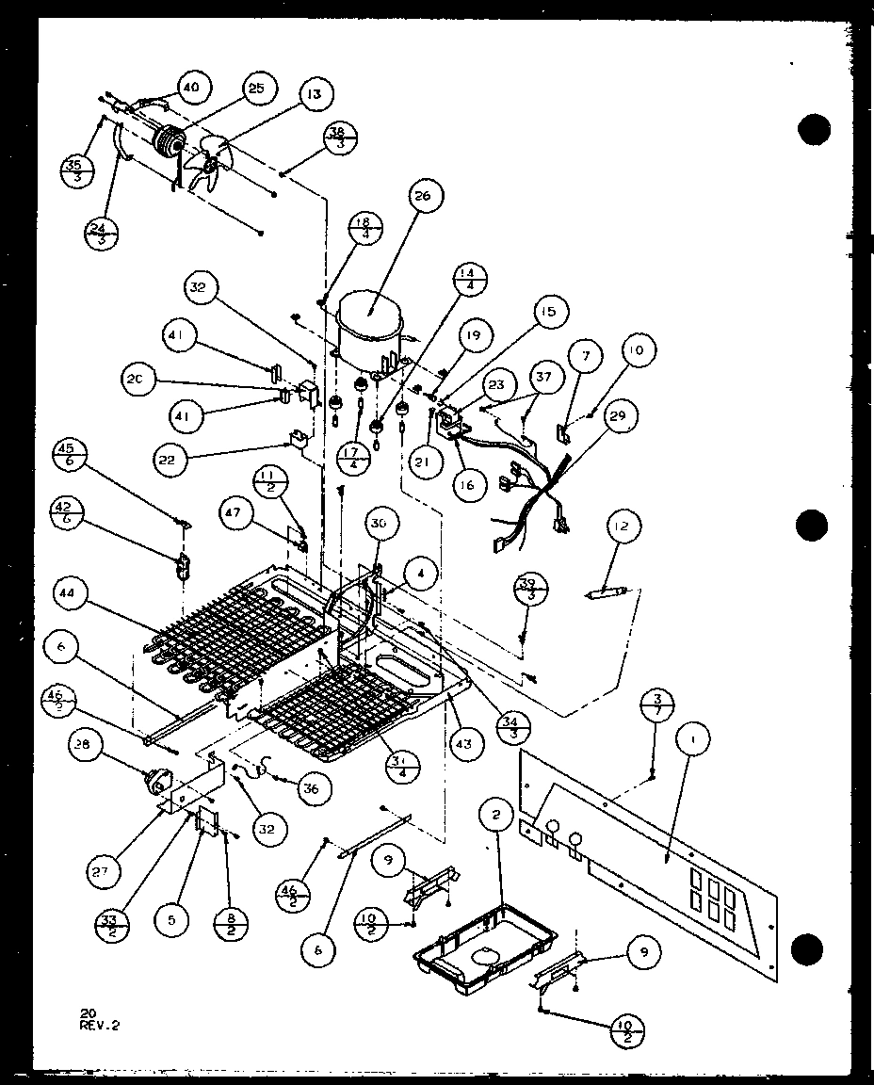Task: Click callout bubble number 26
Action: click(421, 197)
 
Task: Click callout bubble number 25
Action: click(255, 89)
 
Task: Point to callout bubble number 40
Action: click(190, 88)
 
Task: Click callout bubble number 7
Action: click(588, 356)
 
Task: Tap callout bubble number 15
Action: click(547, 311)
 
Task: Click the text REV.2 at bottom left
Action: click(101, 1023)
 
